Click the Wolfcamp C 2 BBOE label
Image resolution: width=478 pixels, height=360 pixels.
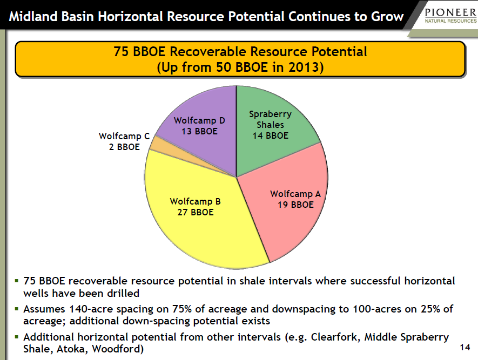[x=124, y=141]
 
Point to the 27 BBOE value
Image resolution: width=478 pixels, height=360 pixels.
[x=196, y=212]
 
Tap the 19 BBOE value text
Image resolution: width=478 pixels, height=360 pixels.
[x=295, y=205]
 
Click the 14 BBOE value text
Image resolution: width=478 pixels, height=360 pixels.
[x=271, y=135]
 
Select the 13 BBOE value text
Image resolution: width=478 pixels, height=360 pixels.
[x=200, y=131]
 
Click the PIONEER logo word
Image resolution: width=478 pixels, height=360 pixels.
[x=450, y=12]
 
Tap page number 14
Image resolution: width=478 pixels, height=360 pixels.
[x=465, y=347]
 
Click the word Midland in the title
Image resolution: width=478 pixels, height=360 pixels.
[x=33, y=16]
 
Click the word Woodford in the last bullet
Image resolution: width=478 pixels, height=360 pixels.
[x=118, y=349]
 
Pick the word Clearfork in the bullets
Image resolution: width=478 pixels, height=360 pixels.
[x=335, y=337]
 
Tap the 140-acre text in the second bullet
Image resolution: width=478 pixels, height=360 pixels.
[x=92, y=309]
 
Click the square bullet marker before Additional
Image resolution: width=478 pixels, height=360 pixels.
[x=17, y=337]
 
